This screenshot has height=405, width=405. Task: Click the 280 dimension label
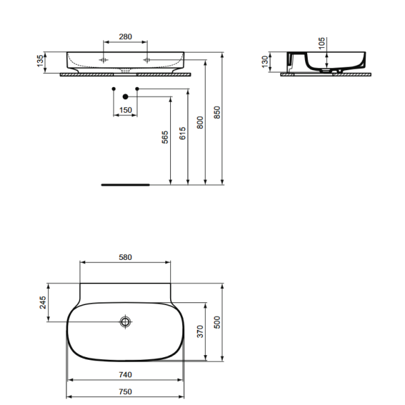pos(125,38)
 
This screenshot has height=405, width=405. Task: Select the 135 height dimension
pos(40,62)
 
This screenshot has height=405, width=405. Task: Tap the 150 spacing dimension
pos(125,109)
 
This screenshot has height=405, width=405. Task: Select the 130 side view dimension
pos(265,61)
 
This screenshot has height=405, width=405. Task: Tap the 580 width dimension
pos(125,257)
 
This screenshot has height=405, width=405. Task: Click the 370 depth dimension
pos(200,331)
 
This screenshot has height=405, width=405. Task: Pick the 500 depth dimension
pos(217,323)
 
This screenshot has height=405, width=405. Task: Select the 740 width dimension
pos(125,374)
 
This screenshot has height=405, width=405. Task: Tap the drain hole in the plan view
pos(126,322)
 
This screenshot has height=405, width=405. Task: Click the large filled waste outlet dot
pos(125,96)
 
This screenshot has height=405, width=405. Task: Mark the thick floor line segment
pos(125,183)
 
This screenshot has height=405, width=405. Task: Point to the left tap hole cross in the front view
pos(103,59)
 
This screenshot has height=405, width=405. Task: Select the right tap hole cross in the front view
pos(147,59)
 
